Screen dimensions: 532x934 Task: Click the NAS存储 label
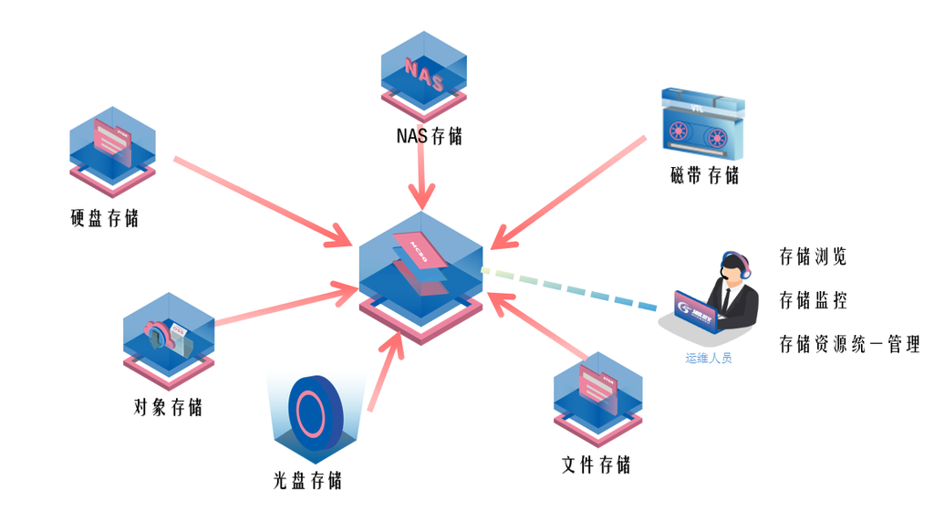tap(429, 137)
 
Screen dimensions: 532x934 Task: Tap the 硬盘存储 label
tap(104, 219)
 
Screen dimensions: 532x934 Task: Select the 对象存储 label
tap(168, 407)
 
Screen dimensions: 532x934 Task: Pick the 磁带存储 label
tap(704, 175)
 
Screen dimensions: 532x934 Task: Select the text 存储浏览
tap(813, 256)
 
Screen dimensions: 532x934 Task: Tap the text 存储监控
tap(813, 300)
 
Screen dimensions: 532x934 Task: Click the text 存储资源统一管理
tap(849, 344)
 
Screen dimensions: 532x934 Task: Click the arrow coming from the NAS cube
tap(421, 178)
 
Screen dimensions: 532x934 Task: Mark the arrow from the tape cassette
tap(570, 191)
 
